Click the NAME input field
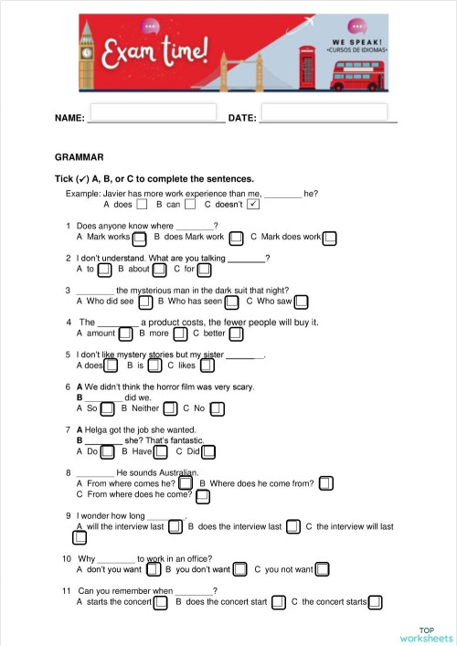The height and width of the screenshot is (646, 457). click(x=156, y=112)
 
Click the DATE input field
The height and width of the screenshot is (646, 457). click(x=329, y=112)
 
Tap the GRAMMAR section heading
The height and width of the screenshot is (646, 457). click(x=79, y=157)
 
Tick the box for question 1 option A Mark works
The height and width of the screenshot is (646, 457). click(x=140, y=238)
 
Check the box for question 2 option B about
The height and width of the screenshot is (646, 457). click(x=160, y=270)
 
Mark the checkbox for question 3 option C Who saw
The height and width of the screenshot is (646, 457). click(x=301, y=302)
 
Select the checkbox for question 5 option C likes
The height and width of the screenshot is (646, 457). click(x=207, y=366)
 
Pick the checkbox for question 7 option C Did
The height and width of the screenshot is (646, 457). click(x=208, y=452)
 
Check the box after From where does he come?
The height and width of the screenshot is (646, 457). click(x=203, y=496)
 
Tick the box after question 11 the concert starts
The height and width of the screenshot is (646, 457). click(x=375, y=603)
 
